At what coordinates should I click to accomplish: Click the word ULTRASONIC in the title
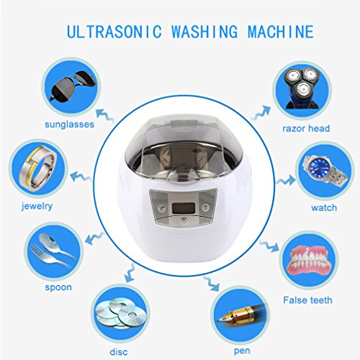[x=114, y=32]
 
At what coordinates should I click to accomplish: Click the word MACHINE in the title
[x=281, y=32]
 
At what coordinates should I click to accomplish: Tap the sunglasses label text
[x=69, y=125]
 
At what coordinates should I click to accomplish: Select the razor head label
[x=306, y=128]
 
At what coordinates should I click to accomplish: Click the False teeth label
[x=307, y=300]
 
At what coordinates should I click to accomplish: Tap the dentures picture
[x=309, y=260]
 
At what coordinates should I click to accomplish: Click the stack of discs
[x=120, y=314]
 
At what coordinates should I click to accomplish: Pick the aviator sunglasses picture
[x=71, y=86]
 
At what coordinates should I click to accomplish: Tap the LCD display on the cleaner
[x=184, y=207]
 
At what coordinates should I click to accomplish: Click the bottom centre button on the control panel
[x=184, y=221]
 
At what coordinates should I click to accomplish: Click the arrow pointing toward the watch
[x=286, y=180]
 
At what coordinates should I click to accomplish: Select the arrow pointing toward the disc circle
[x=130, y=272]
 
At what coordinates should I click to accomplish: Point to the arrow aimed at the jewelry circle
[x=81, y=177]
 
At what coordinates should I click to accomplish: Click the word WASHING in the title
[x=204, y=32]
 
